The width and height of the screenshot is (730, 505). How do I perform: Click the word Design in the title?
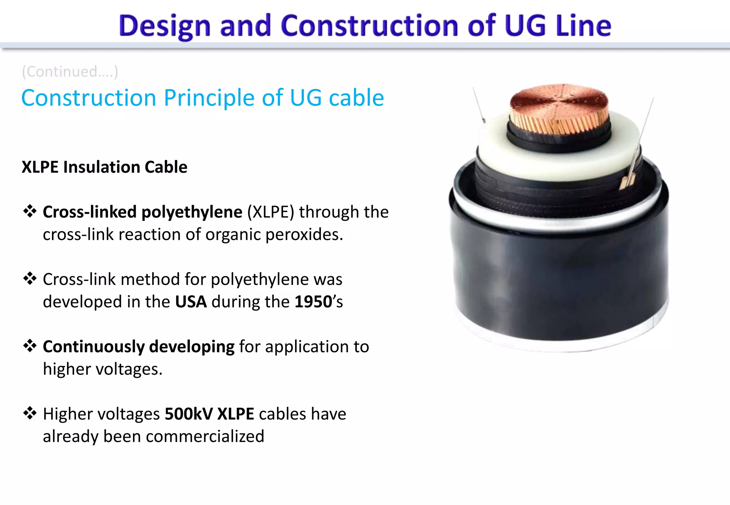(165, 26)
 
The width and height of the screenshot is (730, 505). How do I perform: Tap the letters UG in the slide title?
(525, 26)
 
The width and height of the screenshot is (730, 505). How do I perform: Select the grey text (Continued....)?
(70, 72)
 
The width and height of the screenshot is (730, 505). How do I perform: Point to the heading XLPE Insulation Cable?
(104, 167)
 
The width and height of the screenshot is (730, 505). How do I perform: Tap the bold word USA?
(191, 302)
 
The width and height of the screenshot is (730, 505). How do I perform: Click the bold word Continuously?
(93, 347)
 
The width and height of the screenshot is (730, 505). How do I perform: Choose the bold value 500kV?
(189, 414)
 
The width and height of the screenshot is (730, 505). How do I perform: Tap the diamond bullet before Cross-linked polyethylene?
(30, 212)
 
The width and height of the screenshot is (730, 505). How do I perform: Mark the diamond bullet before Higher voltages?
(30, 413)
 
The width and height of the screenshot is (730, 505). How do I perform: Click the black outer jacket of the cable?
(560, 278)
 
